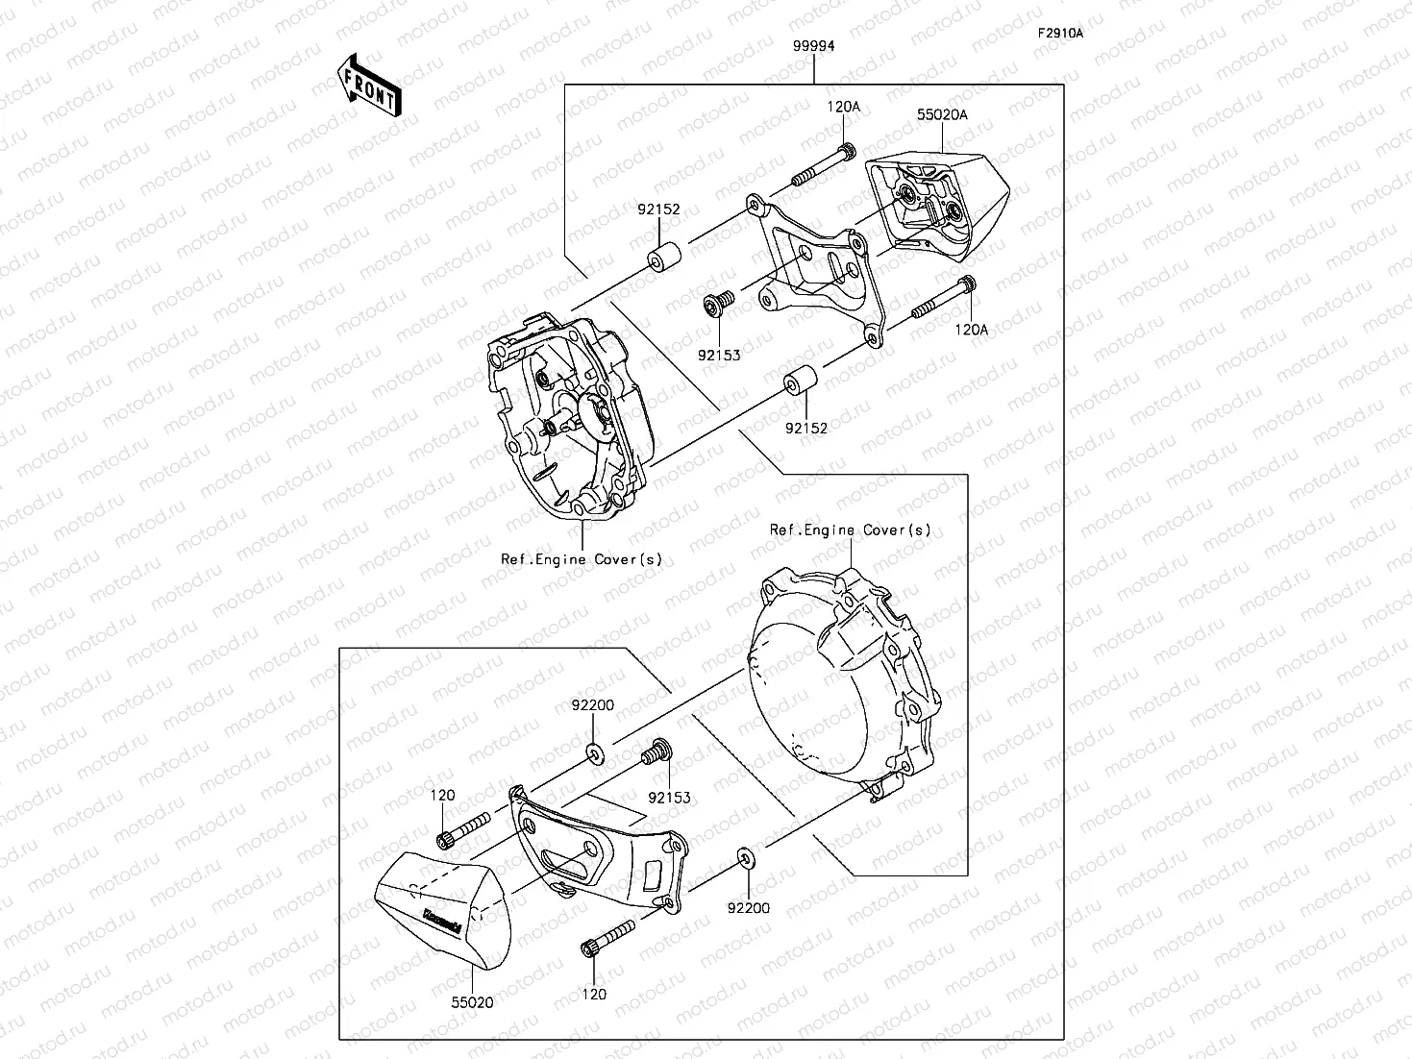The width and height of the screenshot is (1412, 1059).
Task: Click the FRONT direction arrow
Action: pyautogui.click(x=367, y=86)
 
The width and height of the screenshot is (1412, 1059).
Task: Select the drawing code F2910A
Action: pyautogui.click(x=1059, y=34)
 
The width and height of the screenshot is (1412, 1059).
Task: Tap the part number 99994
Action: pyautogui.click(x=813, y=46)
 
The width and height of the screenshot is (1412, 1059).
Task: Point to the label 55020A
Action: pyautogui.click(x=941, y=114)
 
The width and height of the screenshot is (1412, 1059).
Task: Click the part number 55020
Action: pyautogui.click(x=473, y=1002)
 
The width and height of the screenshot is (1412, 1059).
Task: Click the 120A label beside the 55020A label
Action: pyautogui.click(x=844, y=108)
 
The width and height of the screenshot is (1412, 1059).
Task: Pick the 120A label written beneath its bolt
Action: pyautogui.click(x=971, y=330)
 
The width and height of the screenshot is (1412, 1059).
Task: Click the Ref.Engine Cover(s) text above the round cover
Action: pyautogui.click(x=851, y=530)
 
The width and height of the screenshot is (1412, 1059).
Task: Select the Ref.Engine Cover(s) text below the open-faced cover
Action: pyautogui.click(x=582, y=559)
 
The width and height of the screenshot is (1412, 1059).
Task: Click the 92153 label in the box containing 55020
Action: pyautogui.click(x=669, y=798)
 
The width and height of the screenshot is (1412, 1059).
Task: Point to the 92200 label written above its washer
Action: pyautogui.click(x=592, y=705)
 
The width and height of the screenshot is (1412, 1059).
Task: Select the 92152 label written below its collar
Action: pyautogui.click(x=805, y=429)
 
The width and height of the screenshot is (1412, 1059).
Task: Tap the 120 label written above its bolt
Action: pyautogui.click(x=442, y=797)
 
